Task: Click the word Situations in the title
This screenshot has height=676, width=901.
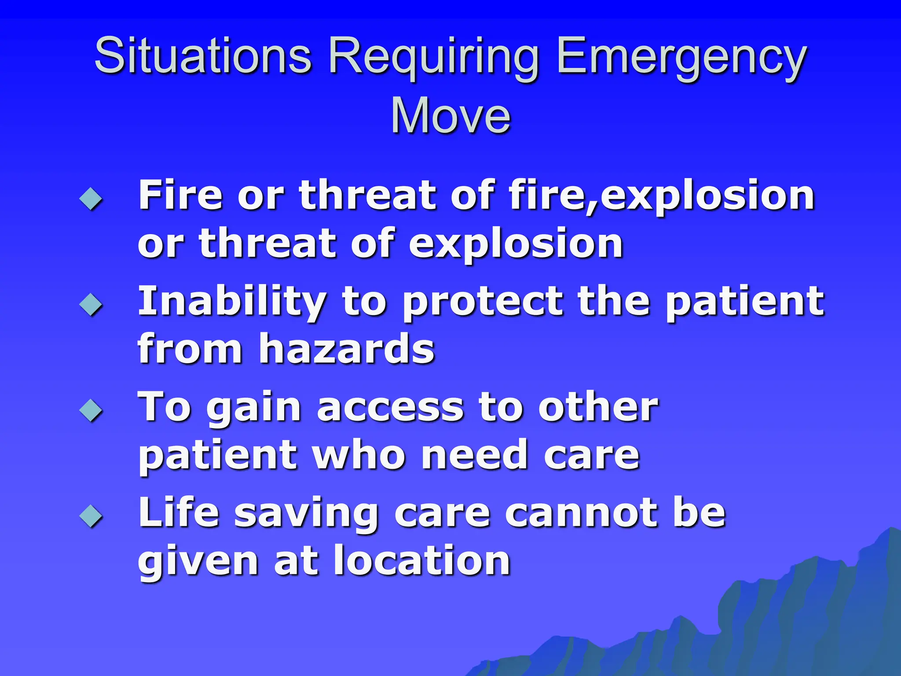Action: pos(203,56)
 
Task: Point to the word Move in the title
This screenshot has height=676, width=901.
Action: pos(450,115)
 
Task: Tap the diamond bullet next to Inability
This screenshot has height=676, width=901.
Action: pos(91,304)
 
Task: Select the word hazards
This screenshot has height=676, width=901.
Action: pos(347,349)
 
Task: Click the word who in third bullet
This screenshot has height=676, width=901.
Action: pos(359,456)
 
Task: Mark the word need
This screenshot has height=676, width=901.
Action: pos(474,456)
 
